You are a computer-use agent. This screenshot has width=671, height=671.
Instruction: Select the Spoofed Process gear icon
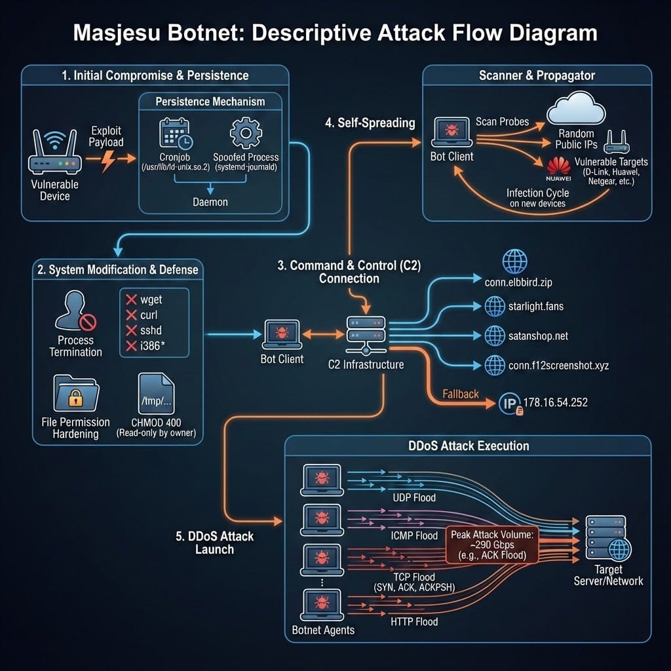[x=246, y=132]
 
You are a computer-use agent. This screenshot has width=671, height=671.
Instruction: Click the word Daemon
[x=210, y=202]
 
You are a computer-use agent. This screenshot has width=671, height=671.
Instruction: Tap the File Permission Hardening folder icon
[x=75, y=393]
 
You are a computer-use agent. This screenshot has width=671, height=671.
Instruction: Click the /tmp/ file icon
[x=157, y=393]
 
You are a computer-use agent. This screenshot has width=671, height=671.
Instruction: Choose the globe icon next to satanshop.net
[x=494, y=335]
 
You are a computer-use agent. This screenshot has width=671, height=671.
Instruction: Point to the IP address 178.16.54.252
[x=556, y=402]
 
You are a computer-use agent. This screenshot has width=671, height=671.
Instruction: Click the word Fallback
[x=461, y=394]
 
